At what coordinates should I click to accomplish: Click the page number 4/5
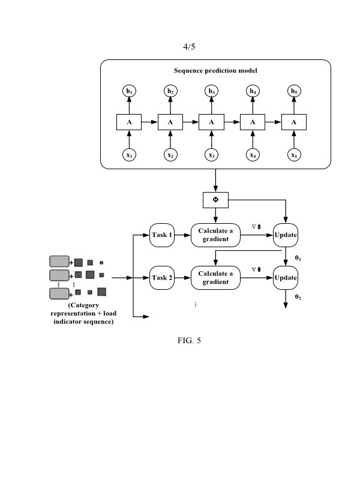coord(190,46)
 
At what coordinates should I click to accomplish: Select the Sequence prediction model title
coord(215,70)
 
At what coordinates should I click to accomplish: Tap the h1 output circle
coord(129,91)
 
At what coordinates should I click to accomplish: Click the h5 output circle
coord(293,91)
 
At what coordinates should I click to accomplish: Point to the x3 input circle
coord(211,155)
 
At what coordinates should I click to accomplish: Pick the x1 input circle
coord(129,155)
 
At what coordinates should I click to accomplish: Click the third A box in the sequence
coord(211,122)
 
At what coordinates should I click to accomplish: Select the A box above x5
coord(293,122)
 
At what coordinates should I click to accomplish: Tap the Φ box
coord(215,199)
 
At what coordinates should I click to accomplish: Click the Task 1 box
coord(162,235)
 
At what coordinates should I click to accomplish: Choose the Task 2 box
coord(162,278)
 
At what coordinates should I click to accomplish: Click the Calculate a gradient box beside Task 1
coord(215,235)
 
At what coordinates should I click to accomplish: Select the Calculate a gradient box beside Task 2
coord(215,278)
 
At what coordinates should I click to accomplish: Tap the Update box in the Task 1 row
coord(286,235)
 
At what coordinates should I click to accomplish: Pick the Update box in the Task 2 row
coord(286,278)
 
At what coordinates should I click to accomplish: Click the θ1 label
coord(298,257)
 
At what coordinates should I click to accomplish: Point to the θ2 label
coord(298,297)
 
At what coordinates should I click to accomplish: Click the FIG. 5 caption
coord(189,341)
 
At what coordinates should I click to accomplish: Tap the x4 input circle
coord(253,155)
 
